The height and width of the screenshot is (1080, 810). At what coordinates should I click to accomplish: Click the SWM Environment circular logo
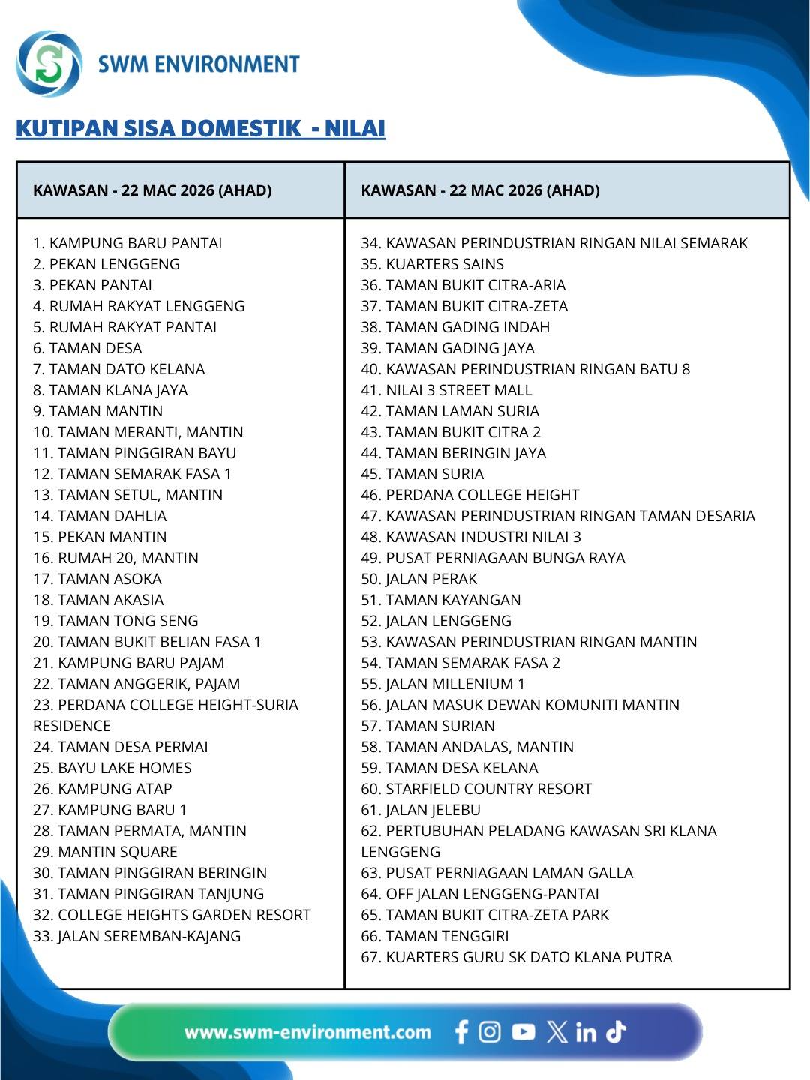coord(49,64)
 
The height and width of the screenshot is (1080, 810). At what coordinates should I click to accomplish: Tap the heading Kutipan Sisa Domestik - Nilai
coord(200,129)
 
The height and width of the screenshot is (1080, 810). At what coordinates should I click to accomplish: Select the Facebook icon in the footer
coord(462,1032)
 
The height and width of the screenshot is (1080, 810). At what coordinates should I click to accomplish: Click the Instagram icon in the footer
coord(490,1032)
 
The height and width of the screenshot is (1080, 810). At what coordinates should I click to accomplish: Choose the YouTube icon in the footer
coord(523,1032)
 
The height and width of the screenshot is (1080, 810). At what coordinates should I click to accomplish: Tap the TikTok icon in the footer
coord(616,1032)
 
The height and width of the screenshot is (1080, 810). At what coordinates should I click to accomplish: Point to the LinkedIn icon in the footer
coord(586,1033)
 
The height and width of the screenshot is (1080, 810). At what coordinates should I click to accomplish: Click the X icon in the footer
coord(556,1032)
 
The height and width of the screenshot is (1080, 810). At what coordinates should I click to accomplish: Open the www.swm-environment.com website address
coord(307,1032)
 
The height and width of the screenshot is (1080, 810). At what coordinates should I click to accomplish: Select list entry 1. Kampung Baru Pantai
coord(127,243)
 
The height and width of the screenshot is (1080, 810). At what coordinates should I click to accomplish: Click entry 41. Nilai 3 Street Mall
coord(446,390)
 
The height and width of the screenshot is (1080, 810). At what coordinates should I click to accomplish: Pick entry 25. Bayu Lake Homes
coord(112,768)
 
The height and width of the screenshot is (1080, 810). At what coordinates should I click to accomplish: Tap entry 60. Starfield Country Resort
coord(476,789)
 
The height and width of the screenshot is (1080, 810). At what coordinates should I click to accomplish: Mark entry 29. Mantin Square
coord(105,852)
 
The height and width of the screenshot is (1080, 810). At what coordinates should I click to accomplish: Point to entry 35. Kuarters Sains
coord(432,264)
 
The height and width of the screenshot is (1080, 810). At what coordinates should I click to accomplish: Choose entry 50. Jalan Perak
coord(418,579)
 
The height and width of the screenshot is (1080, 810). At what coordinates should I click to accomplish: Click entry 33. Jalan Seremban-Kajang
coord(136,936)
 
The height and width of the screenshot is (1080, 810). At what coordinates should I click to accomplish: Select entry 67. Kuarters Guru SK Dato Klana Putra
coord(516,957)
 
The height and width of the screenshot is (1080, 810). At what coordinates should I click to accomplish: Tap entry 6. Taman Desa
coord(87,348)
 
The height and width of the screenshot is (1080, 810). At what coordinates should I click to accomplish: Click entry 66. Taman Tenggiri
coord(434,936)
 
